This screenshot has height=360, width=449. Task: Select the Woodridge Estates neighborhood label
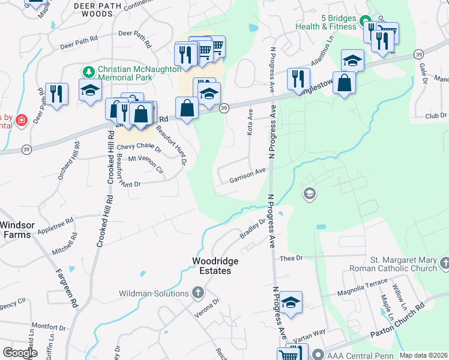pyautogui.click(x=215, y=266)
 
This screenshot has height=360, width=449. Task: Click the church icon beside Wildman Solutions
pyautogui.click(x=198, y=293)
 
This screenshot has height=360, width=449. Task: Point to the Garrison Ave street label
pyautogui.click(x=247, y=175)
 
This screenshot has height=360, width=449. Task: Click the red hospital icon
pyautogui.click(x=22, y=121)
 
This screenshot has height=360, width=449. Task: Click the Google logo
pyautogui.click(x=20, y=353)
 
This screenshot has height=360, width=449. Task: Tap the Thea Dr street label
pyautogui.click(x=292, y=258)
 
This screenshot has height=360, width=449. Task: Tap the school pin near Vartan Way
pyautogui.click(x=291, y=302)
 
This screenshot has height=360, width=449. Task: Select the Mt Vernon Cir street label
pyautogui.click(x=143, y=166)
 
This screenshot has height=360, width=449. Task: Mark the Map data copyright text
pyautogui.click(x=423, y=355)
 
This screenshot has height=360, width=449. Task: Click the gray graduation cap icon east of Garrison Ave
pyautogui.click(x=309, y=194)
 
